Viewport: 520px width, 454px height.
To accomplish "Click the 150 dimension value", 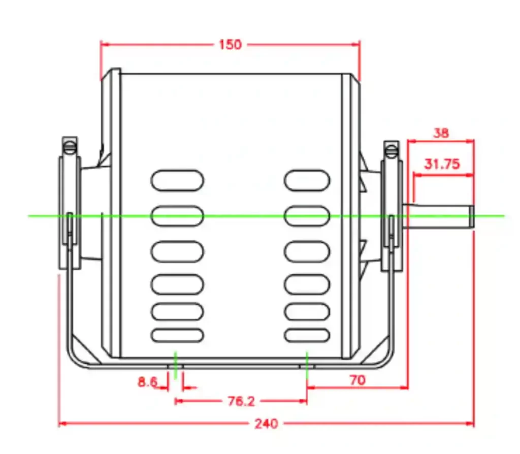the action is pos(231,45).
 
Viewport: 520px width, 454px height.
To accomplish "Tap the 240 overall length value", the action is pos(266,424).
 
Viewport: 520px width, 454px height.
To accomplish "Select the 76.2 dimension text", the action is pos(241,402).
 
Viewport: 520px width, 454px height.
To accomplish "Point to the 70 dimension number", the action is pos(357,380).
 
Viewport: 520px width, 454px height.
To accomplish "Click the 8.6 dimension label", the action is pos(148,382).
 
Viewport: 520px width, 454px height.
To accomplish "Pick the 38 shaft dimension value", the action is pos(441,134).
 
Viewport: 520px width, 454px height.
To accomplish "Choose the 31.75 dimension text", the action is pos(442,164).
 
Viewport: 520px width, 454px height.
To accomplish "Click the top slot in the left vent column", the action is pos(177,180).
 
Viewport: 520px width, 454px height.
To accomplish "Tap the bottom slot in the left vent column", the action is pos(177,335).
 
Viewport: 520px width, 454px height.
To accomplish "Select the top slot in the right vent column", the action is pos(307,180).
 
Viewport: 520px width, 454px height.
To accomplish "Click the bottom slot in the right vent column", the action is pos(307,335).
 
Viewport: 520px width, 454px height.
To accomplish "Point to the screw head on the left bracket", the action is pos(70,147).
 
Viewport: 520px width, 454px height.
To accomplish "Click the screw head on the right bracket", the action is pos(392,151).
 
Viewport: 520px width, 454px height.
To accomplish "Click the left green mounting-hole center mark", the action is pos(175,365).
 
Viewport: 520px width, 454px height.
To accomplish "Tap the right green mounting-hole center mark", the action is pos(307,365).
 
